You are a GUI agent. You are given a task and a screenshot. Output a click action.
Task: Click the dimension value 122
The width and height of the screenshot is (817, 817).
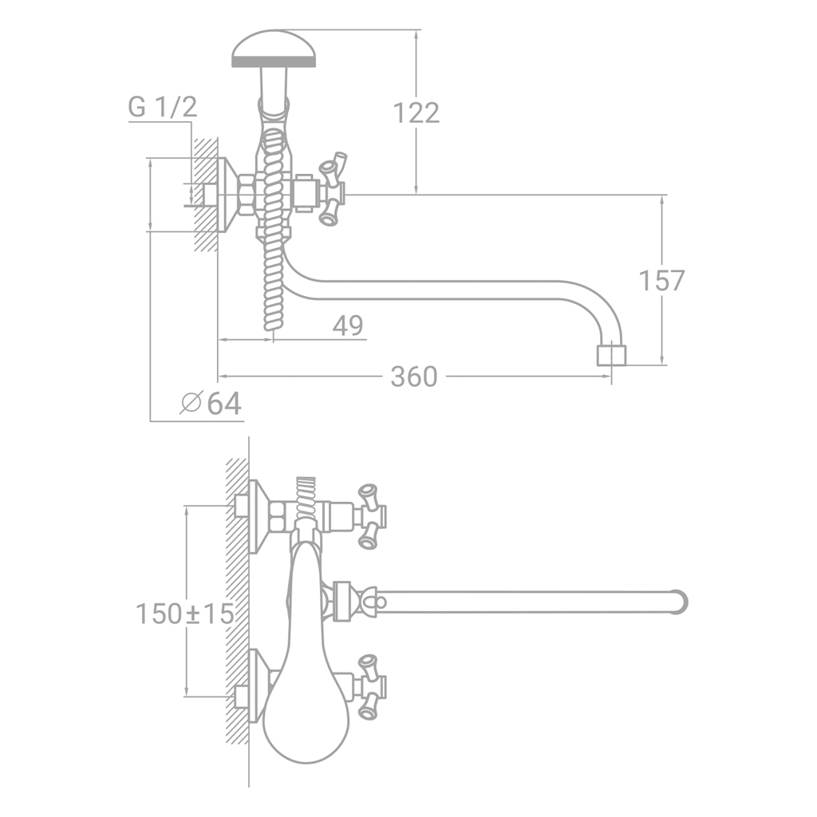click(416, 112)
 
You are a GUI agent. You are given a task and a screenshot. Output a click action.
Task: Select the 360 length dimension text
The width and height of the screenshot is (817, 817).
click(414, 377)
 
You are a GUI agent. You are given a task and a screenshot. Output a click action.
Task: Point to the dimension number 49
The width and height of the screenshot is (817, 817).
click(348, 326)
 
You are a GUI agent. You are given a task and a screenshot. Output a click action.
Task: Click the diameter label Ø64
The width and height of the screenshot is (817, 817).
click(211, 403)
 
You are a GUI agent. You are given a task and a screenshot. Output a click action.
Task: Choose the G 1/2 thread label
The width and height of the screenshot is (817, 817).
click(163, 107)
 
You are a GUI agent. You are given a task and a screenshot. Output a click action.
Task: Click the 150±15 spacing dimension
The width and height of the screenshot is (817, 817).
click(184, 614)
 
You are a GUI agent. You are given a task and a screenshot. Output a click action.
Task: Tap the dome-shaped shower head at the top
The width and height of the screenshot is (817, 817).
click(274, 49)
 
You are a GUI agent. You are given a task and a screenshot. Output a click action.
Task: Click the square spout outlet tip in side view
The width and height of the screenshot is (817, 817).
click(611, 353)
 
